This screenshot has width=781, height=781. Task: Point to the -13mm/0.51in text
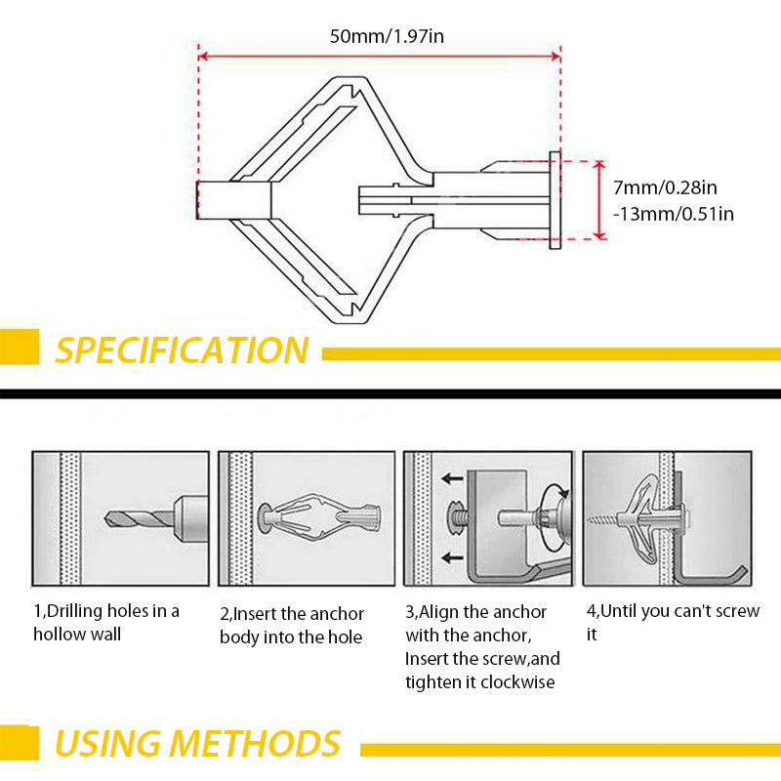tap(673, 213)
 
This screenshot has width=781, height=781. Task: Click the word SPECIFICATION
tap(182, 349)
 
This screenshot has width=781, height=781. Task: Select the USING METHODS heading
tap(198, 743)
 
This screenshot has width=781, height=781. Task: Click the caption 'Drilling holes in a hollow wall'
tap(106, 622)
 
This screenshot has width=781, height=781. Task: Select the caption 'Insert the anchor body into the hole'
tap(291, 626)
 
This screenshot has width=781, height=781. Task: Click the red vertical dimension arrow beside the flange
tap(600, 200)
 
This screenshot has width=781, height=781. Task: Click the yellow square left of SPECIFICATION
tap(20, 347)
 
